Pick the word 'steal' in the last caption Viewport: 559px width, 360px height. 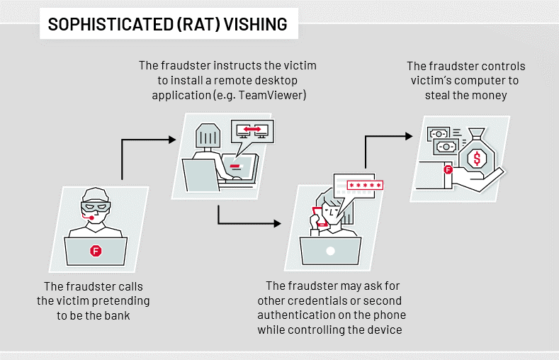coord(444,94)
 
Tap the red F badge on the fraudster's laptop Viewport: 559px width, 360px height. coord(96,250)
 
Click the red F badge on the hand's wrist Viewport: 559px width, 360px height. coord(448,169)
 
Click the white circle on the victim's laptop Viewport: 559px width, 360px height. coord(329,251)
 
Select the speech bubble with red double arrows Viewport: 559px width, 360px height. coord(253,131)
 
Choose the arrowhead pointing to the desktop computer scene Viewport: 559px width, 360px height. coord(171,140)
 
